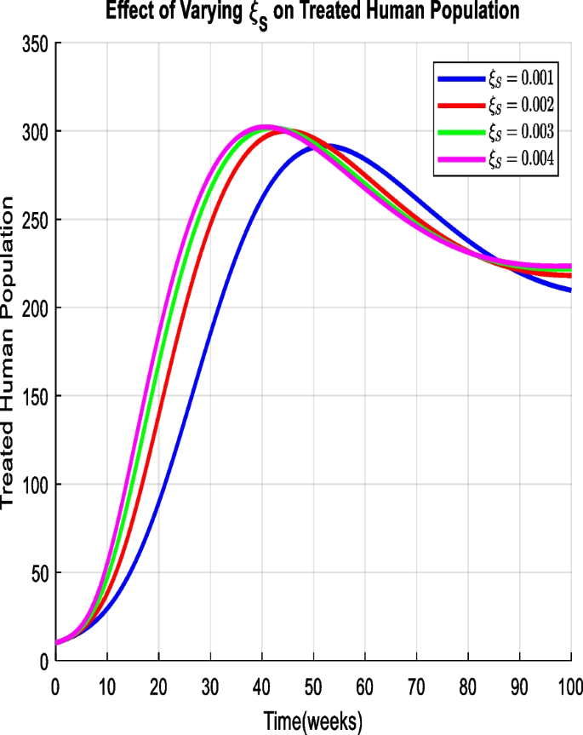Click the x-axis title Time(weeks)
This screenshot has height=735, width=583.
click(312, 722)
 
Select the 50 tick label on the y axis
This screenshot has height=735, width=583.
click(37, 572)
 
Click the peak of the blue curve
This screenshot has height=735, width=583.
click(325, 146)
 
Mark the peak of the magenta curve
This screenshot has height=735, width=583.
click(265, 128)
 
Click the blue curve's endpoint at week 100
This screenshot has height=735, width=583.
click(569, 290)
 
